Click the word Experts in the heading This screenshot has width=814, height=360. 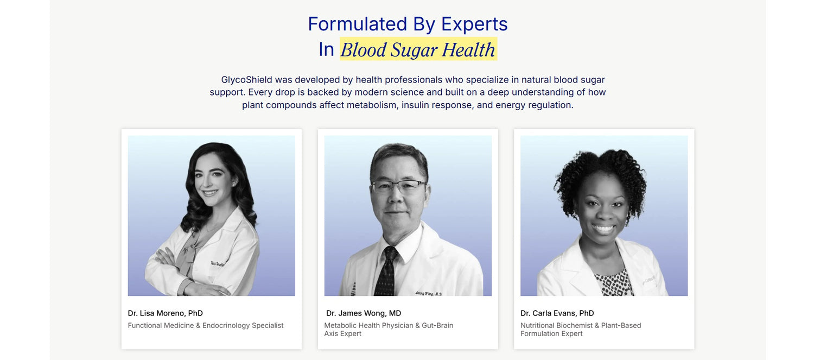pyautogui.click(x=474, y=24)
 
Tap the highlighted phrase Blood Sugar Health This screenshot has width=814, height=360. pyautogui.click(x=418, y=49)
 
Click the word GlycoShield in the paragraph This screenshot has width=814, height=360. pyautogui.click(x=246, y=80)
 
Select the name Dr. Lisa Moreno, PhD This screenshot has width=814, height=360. pyautogui.click(x=166, y=313)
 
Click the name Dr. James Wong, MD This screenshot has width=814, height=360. pyautogui.click(x=364, y=313)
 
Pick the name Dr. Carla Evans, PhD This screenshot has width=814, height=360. pyautogui.click(x=557, y=313)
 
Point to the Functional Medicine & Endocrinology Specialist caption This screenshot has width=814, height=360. pyautogui.click(x=206, y=325)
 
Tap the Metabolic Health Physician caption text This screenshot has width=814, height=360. pyautogui.click(x=389, y=330)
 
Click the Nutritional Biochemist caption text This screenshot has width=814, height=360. pyautogui.click(x=581, y=330)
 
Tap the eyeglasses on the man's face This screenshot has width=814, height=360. pyautogui.click(x=399, y=186)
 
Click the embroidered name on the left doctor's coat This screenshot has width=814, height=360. pyautogui.click(x=218, y=264)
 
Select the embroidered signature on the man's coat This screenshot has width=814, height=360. pyautogui.click(x=429, y=293)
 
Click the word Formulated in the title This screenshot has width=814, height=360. pyautogui.click(x=357, y=24)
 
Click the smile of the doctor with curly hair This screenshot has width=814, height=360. pyautogui.click(x=603, y=229)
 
